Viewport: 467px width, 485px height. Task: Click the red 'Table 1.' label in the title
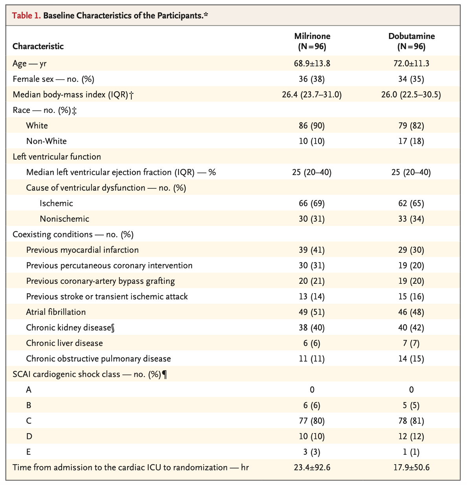26,16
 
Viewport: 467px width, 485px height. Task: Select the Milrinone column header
312,41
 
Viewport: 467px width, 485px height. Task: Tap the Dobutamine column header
412,41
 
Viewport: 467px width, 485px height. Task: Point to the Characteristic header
38,46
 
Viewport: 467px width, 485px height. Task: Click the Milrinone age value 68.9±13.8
312,64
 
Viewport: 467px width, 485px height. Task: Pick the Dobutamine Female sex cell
411,79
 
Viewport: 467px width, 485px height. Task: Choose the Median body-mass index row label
73,95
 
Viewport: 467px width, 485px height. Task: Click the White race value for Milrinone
312,126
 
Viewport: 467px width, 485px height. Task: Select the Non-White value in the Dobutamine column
411,141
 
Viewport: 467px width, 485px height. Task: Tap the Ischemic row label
56,203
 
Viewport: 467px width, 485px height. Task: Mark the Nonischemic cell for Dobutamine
411,219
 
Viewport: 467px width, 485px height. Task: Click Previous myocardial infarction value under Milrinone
312,250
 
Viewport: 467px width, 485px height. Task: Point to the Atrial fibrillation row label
56,312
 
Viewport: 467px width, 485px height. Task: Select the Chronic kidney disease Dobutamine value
411,328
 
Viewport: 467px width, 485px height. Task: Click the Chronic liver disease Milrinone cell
312,343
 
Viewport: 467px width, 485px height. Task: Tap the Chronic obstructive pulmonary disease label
99,359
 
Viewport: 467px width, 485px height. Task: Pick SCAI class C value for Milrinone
312,421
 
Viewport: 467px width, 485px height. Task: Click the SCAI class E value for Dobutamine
411,452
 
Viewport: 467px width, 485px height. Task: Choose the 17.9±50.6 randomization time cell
412,468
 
